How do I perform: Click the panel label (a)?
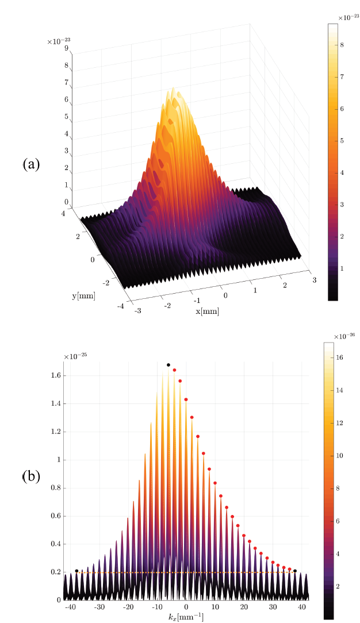point(31,164)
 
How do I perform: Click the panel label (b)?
point(31,476)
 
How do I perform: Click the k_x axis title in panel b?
point(186,617)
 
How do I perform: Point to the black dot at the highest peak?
point(168,365)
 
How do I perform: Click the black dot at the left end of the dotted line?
point(76,571)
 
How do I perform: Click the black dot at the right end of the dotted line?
point(295,571)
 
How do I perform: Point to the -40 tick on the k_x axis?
point(70,606)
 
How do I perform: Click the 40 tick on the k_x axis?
point(302,606)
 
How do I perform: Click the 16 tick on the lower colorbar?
point(339,357)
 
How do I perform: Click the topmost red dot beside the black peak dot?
point(174,370)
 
